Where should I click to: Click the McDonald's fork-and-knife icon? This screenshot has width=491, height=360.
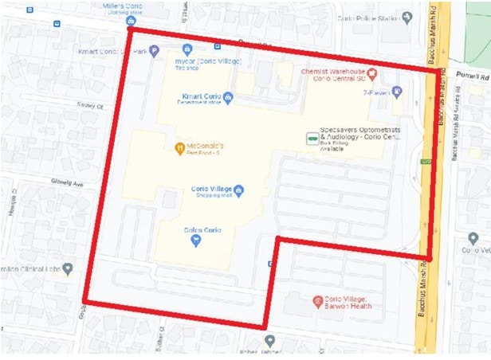coord(180,147)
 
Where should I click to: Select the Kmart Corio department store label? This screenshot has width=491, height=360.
coord(200,98)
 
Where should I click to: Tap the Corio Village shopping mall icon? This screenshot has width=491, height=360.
coord(238,190)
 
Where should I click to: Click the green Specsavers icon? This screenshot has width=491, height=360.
coord(311,138)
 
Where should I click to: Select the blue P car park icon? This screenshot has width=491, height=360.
coord(154,52)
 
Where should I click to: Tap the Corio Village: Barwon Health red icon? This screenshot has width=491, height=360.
coord(316,302)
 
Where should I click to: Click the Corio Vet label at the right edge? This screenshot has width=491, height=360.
coord(477,249)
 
